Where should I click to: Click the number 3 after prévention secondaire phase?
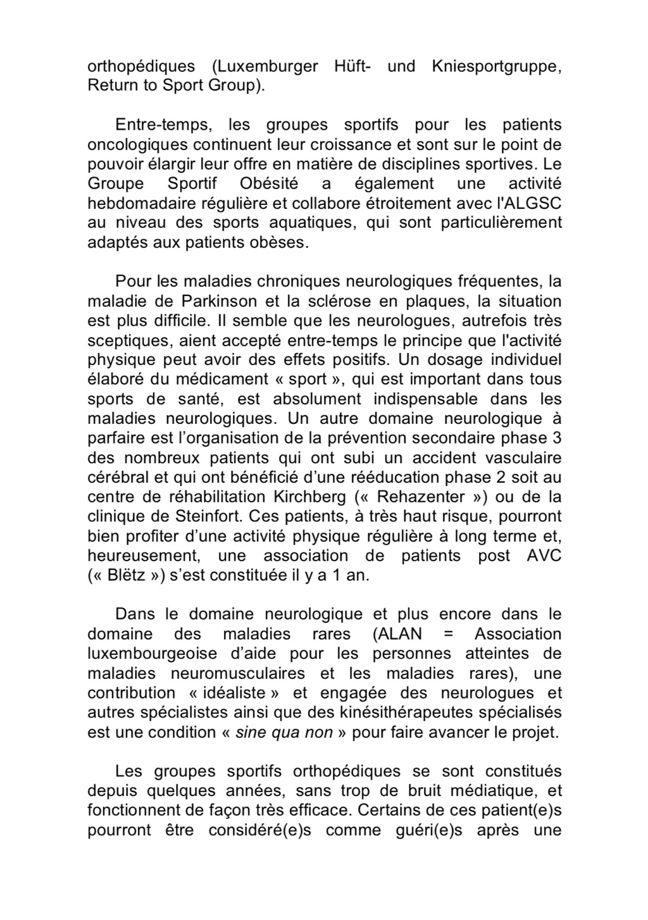(556, 438)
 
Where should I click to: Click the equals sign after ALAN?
(448, 634)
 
